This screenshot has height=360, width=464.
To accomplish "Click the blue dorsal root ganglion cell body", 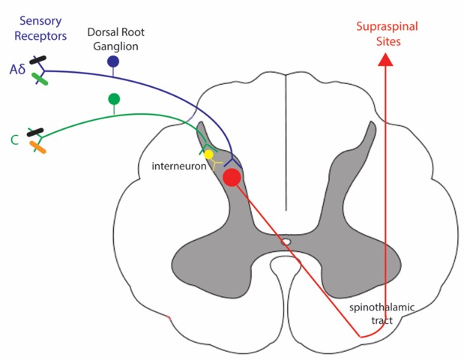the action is pos(113,61).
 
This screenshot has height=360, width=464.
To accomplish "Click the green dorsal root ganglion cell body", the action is pos(114,99).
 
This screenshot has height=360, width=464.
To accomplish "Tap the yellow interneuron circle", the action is pos(208,154).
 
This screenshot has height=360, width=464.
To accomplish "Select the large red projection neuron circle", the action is pos(232,177).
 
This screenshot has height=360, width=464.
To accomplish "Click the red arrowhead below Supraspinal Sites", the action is pos(385,59).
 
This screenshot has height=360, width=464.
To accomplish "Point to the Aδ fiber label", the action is pos(17,70).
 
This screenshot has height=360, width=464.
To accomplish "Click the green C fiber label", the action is pos(14,139).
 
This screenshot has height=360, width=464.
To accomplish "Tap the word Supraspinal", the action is pos(387,27).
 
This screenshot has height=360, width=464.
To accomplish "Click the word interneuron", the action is pos(179,166).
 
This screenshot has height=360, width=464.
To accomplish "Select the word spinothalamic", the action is pos(382,307).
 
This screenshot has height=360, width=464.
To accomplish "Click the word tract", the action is pos(382,321).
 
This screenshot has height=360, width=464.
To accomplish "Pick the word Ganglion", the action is pos(115,46).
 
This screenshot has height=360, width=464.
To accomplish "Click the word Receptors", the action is pos(40,36).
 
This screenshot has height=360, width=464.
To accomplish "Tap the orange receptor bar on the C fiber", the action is pos(38,147).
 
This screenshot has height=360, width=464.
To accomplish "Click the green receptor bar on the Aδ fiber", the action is pos(40,79).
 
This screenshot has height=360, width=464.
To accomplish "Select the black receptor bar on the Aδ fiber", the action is pos(37,59).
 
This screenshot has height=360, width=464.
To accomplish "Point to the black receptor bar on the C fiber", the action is pos(35,132).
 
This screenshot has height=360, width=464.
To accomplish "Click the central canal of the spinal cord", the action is pos(286,241).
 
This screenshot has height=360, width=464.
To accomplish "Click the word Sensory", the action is pos(40,21).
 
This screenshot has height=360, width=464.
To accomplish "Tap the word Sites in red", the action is pos(388,41).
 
